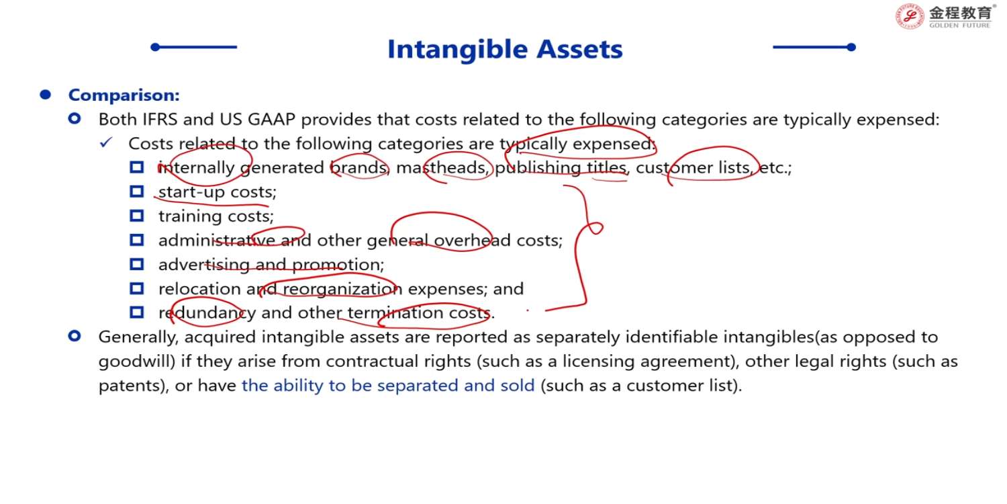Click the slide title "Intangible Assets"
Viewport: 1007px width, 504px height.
coord(505,49)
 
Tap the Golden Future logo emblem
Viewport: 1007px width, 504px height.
coord(910,17)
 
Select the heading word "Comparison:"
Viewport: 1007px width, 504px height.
coord(124,95)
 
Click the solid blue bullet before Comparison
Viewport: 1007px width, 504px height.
coord(46,95)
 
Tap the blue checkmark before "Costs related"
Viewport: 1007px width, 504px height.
coord(106,142)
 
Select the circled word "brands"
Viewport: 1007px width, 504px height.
coord(358,168)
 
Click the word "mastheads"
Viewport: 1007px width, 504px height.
coord(442,168)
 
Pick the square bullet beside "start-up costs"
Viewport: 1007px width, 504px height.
coord(137,192)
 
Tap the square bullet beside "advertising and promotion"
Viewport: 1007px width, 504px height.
coord(137,264)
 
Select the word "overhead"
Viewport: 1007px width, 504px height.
coord(472,241)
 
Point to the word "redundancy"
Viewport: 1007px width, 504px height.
coord(207,313)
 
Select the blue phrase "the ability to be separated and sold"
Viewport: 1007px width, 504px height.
coord(389,386)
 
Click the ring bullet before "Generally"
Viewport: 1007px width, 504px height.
coord(75,336)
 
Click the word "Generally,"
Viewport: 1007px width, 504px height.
coord(138,337)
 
